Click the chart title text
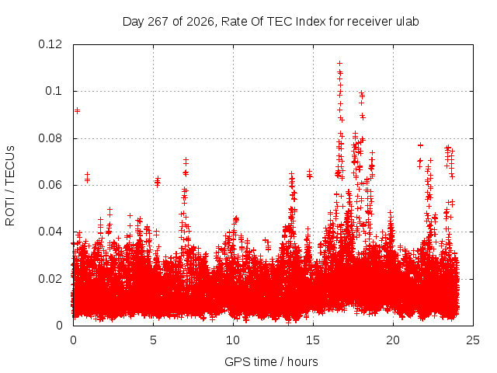click(x=271, y=22)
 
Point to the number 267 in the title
click(x=158, y=22)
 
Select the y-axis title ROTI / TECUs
click(x=10, y=186)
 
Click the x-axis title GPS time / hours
click(x=271, y=361)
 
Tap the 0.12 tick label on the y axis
click(x=50, y=44)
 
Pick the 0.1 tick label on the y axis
click(x=54, y=91)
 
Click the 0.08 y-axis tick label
click(x=50, y=138)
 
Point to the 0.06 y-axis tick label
click(x=50, y=185)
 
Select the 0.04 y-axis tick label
click(x=50, y=232)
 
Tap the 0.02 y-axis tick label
click(x=50, y=279)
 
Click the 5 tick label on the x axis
click(x=154, y=340)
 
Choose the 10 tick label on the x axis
click(x=233, y=340)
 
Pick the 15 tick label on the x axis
click(x=313, y=340)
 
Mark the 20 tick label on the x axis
click(x=393, y=340)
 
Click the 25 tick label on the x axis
click(x=473, y=340)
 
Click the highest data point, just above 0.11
click(x=340, y=64)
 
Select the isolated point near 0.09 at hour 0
click(x=77, y=110)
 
